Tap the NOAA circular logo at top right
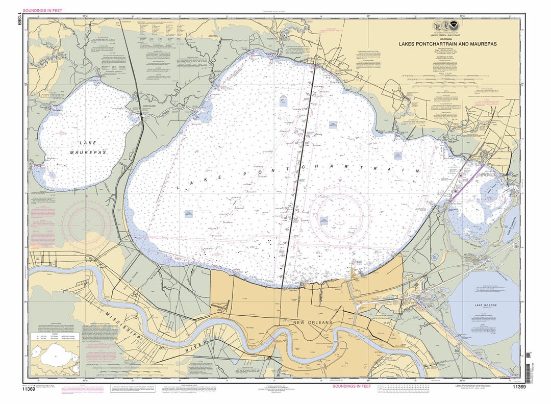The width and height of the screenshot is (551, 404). click(x=450, y=26)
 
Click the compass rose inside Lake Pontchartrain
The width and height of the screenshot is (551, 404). click(x=340, y=214)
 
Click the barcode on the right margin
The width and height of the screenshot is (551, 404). click(x=529, y=360)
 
